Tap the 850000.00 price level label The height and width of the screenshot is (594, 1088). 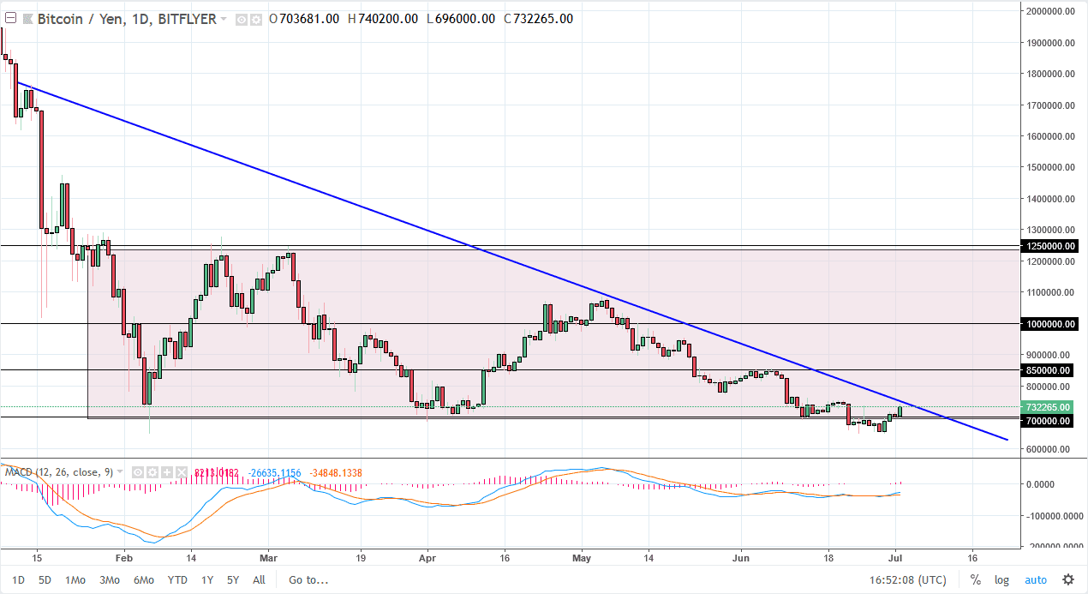coord(1047,370)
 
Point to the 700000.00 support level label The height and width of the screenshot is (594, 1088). coord(1047,421)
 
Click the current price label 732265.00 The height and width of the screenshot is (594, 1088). coord(1047,407)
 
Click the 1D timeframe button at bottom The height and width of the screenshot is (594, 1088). coord(18,579)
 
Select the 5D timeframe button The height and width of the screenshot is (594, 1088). coord(45,579)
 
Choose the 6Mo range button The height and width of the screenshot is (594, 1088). coord(143,579)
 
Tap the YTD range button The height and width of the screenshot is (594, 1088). coord(177,579)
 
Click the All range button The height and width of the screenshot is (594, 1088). coord(259,579)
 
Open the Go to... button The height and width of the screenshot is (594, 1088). coord(308,579)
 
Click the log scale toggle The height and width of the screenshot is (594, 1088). coord(1001,579)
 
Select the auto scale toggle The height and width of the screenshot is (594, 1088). coord(1036,579)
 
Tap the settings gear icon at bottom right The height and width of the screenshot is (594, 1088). coord(1068,579)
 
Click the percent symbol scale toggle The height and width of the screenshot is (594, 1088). coord(975,579)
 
